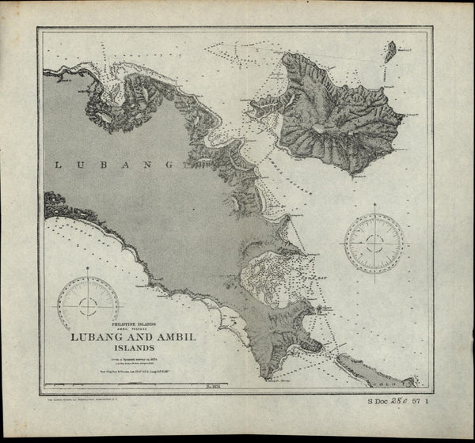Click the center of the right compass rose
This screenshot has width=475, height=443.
[x=374, y=243]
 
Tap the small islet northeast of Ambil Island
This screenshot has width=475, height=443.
[x=390, y=53]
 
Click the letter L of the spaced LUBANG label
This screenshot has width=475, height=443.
[x=57, y=165]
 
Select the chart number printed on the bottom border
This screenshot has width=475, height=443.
[x=211, y=388]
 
